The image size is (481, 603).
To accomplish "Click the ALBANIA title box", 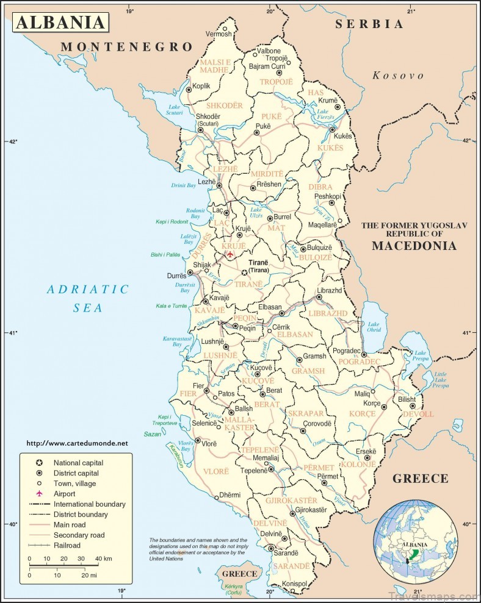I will coord(60,23).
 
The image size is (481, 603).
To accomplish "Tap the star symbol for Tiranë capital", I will coord(245,273).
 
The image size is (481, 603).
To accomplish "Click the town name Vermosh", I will coord(219,34).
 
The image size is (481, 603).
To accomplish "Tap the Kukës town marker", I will coord(332,130).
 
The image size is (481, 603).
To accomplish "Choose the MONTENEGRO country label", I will coord(127,47).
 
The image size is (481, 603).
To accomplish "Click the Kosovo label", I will coord(398,76).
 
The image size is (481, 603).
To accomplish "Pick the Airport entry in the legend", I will coord(64,494).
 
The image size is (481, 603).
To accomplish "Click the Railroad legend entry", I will coord(67,545).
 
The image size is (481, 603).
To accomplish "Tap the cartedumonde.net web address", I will coord(78,443).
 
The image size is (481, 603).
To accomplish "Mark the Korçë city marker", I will coord(385,405).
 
